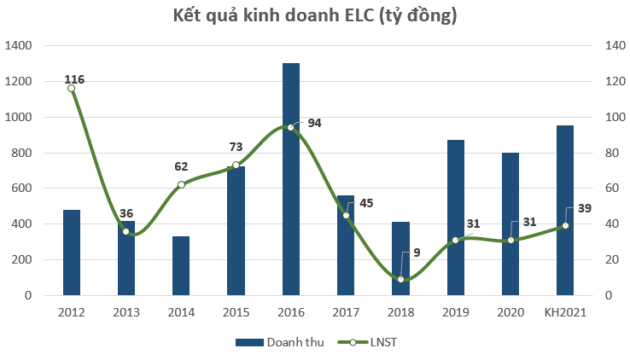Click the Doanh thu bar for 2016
tap(291, 179)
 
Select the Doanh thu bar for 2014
tap(181, 266)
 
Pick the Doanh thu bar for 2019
tap(455, 218)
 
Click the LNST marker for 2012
tap(71, 89)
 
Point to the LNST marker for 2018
tap(400, 279)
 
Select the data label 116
tap(74, 79)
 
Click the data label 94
tap(314, 123)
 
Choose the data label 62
tap(181, 167)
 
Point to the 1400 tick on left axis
tap(19, 45)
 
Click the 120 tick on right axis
tap(613, 81)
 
